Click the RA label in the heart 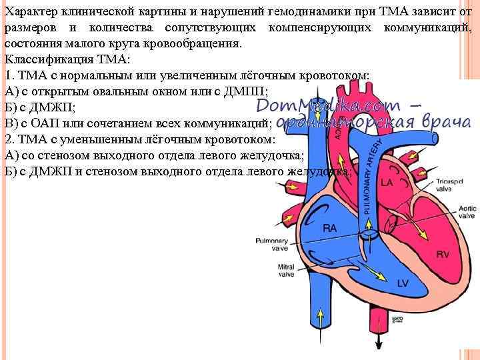[329, 228]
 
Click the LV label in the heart [402, 283]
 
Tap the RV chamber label [443, 254]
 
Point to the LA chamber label [387, 182]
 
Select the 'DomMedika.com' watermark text [328, 105]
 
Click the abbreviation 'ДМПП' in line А [246, 91]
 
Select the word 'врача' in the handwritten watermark [448, 122]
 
